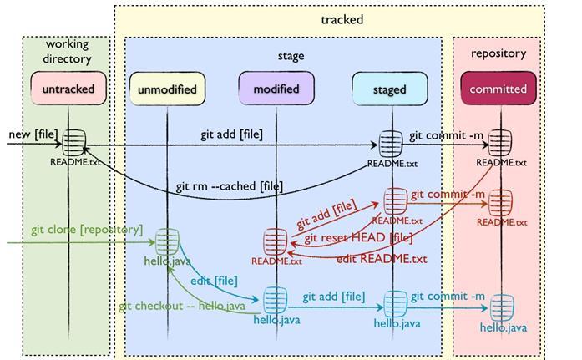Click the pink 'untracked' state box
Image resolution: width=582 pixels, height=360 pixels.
pyautogui.click(x=68, y=88)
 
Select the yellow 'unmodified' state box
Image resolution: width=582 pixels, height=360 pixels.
pyautogui.click(x=167, y=89)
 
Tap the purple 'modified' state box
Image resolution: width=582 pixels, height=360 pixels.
pyautogui.click(x=275, y=89)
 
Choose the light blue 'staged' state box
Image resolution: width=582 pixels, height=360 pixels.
pyautogui.click(x=389, y=89)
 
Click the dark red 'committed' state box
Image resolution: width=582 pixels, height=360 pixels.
pyautogui.click(x=498, y=89)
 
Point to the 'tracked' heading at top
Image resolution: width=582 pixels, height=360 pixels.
pyautogui.click(x=342, y=19)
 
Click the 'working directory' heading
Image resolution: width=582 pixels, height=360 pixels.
pyautogui.click(x=68, y=52)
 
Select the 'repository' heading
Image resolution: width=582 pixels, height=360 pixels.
pyautogui.click(x=498, y=53)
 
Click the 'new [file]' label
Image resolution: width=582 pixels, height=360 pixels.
pyautogui.click(x=33, y=134)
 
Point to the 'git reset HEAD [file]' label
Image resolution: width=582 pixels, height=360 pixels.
pyautogui.click(x=358, y=240)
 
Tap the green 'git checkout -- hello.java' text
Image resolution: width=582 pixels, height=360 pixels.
pyautogui.click(x=181, y=307)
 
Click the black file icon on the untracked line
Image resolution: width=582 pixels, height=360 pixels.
pyautogui.click(x=74, y=140)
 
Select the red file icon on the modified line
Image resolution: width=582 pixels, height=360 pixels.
pyautogui.click(x=276, y=242)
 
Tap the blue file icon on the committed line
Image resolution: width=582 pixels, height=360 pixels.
pyautogui.click(x=501, y=307)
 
